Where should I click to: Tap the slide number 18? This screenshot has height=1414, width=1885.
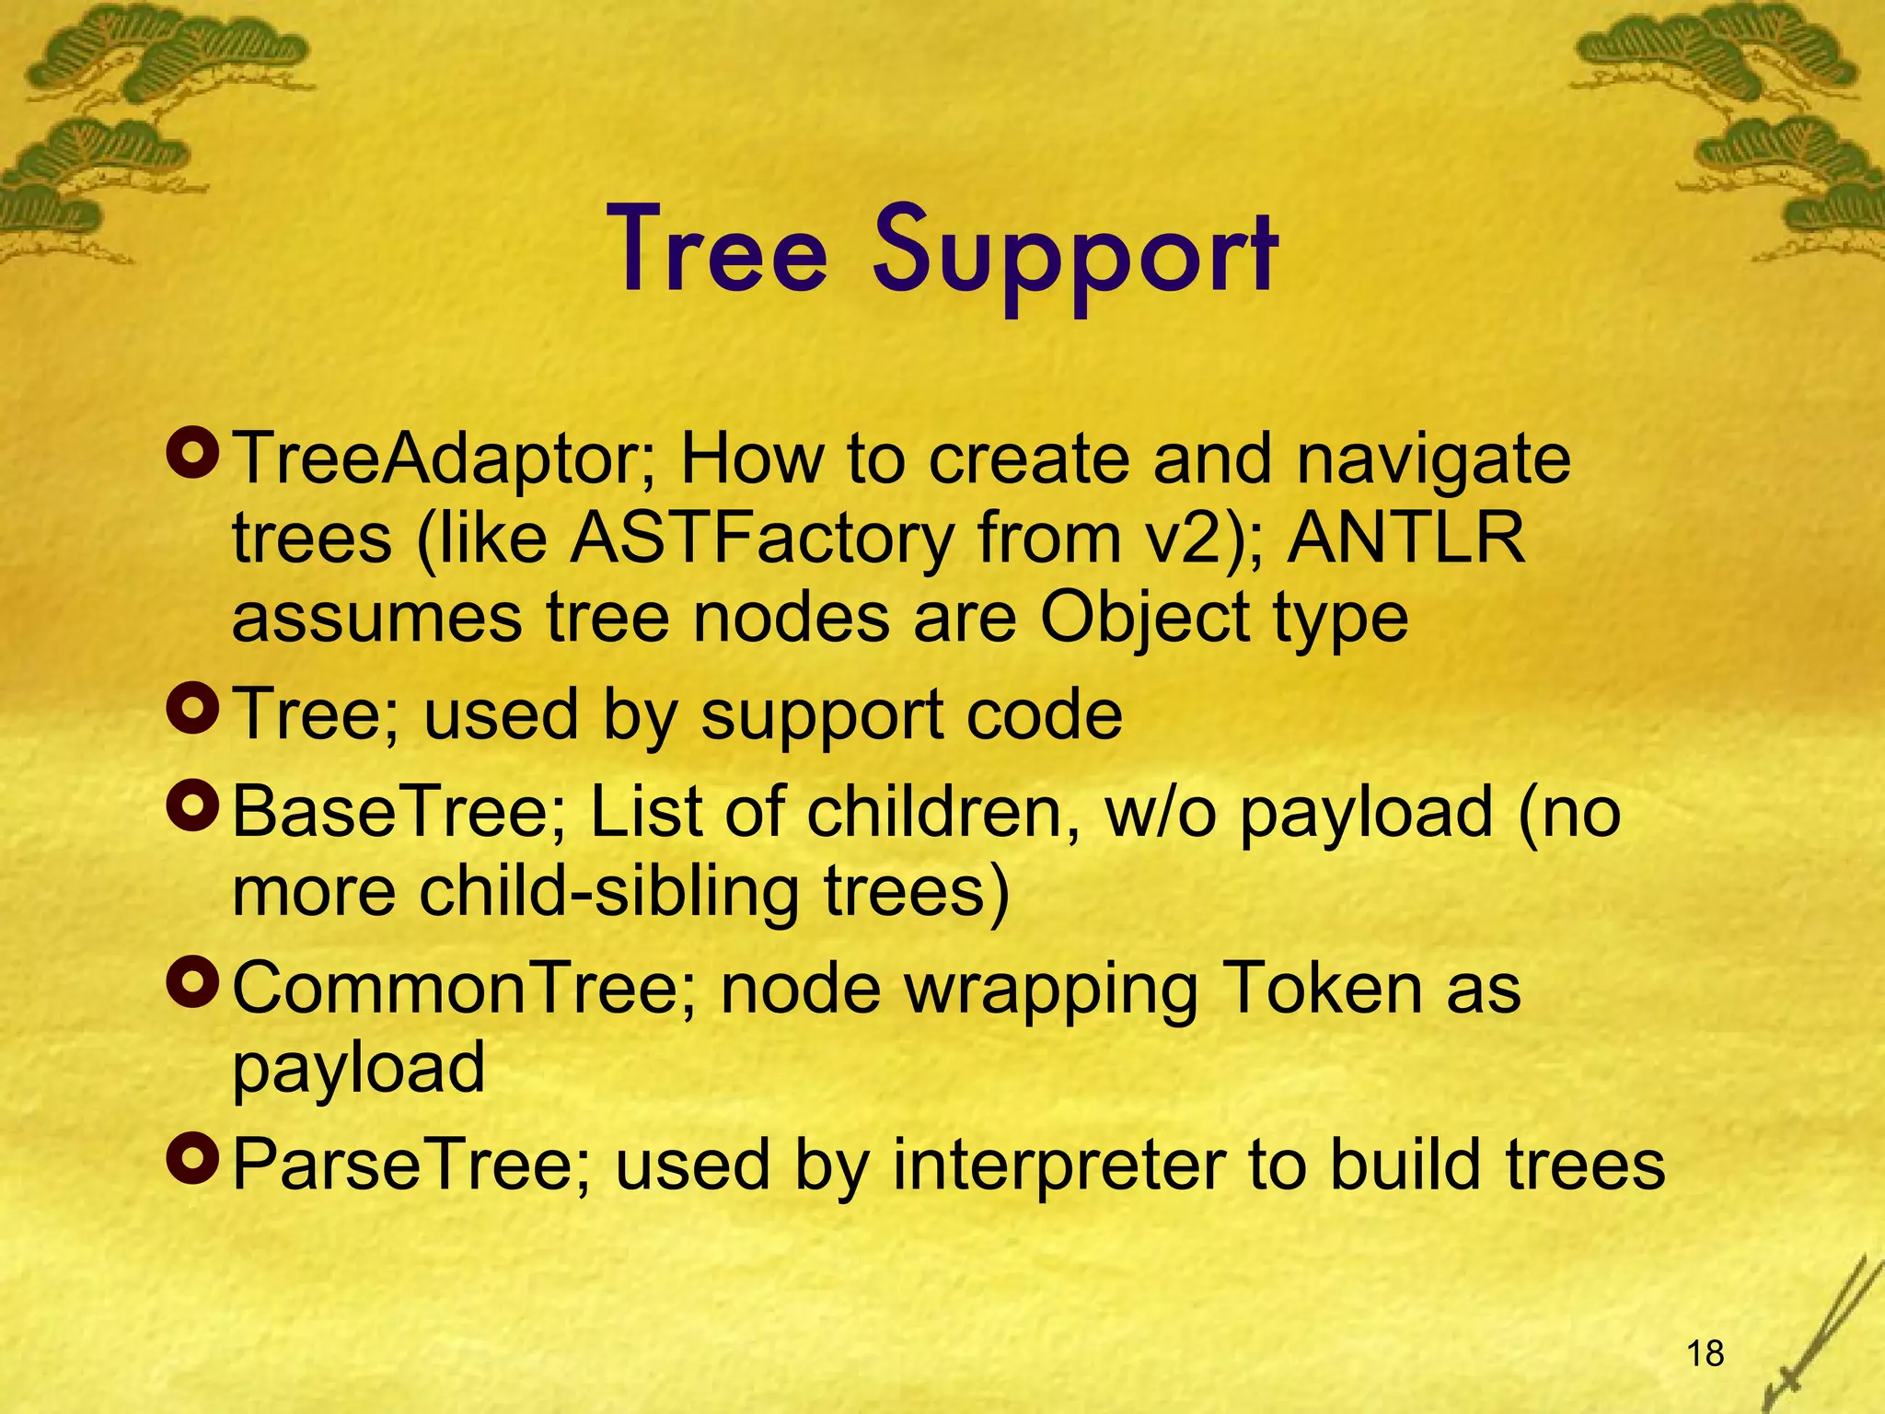point(1706,1353)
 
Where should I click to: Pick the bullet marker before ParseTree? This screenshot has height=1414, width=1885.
point(193,1160)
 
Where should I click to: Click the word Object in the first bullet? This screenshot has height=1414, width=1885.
point(1144,619)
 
